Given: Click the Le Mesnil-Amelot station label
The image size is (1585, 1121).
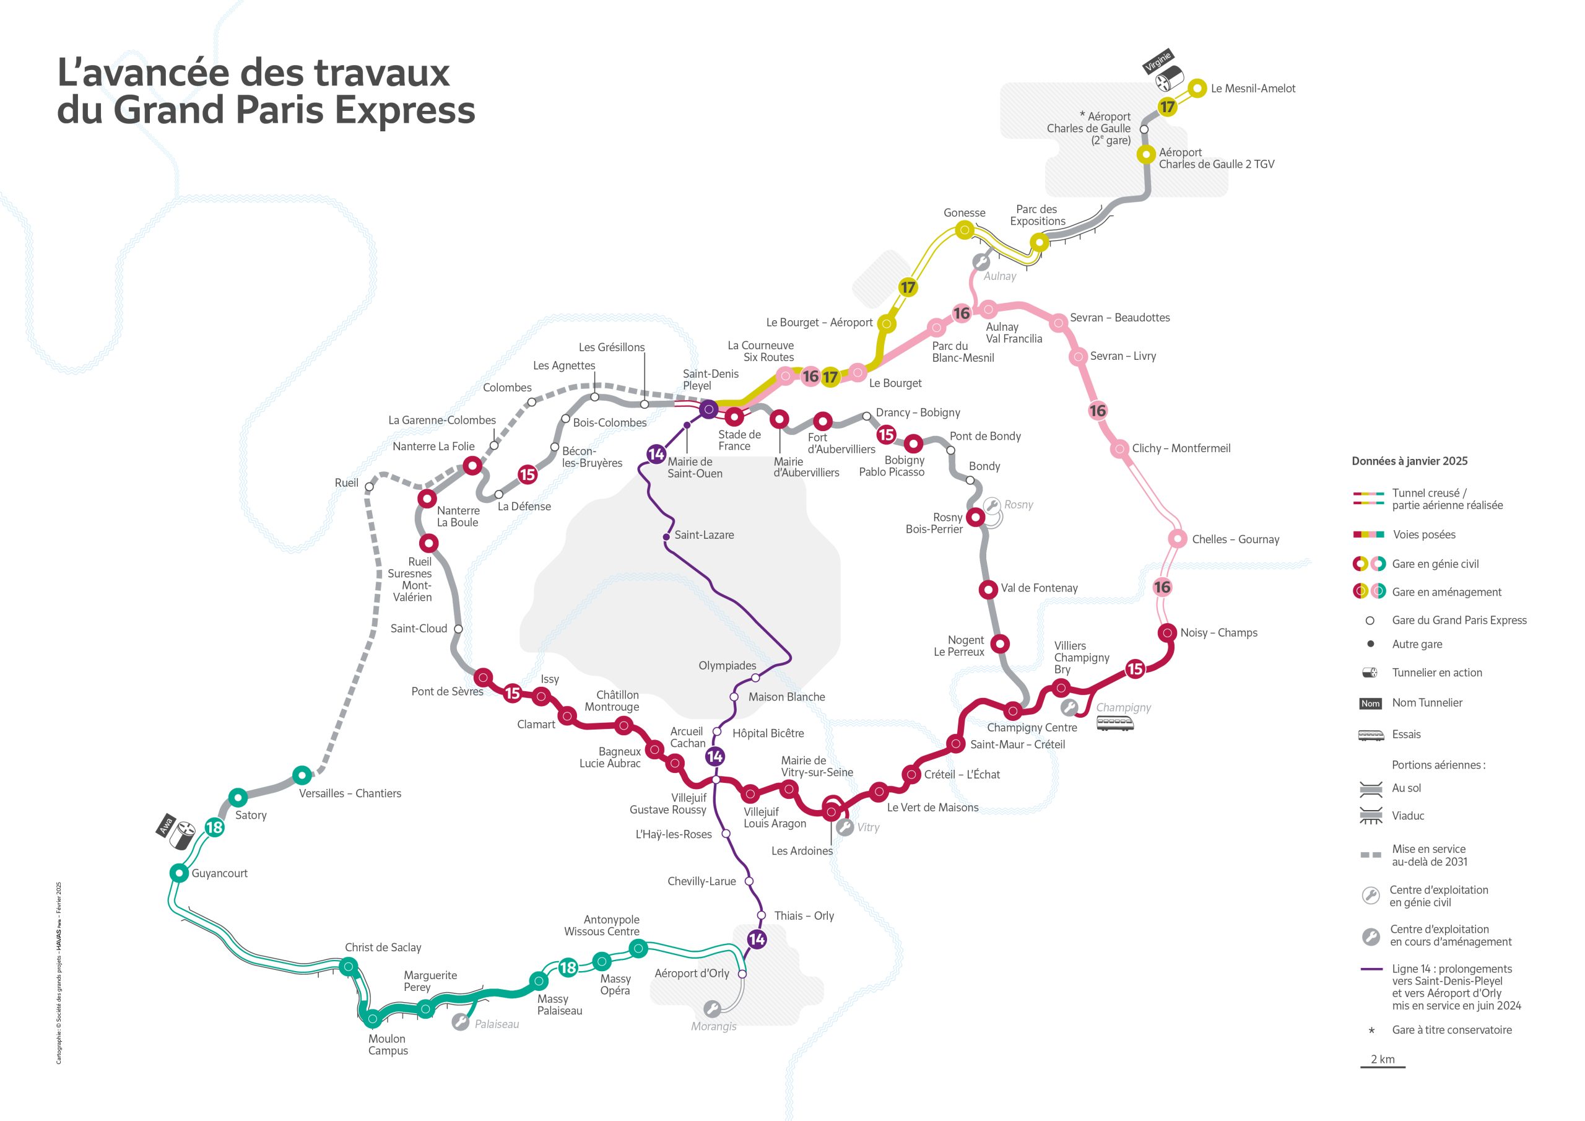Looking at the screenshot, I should coord(1253,89).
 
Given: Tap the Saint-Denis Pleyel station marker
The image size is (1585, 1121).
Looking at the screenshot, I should coord(708,409).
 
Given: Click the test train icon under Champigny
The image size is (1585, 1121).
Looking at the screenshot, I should coord(1115,723).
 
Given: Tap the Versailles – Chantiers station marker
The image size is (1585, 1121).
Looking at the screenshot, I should coord(301,775).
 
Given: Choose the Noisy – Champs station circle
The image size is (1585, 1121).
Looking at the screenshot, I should coord(1167,632).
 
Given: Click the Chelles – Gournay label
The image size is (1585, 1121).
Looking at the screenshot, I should coord(1235,539).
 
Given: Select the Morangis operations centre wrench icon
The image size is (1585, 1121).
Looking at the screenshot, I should coord(712,1009).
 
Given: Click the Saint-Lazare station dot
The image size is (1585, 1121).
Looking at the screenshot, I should coord(666,537).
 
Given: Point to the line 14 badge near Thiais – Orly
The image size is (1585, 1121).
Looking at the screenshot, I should coord(757,939).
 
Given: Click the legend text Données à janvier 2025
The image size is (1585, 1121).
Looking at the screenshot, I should coord(1409,461).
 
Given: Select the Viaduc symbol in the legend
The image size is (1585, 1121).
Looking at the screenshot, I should coord(1370,816).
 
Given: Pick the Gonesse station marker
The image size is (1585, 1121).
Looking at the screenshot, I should coord(965,230).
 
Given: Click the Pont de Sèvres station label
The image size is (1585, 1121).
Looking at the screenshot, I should coord(446,691).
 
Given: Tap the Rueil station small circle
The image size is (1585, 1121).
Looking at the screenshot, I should coord(370,487).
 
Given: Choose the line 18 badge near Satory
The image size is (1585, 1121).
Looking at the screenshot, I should coord(214,827).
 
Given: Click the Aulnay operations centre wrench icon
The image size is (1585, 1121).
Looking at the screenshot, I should coord(980,263).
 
